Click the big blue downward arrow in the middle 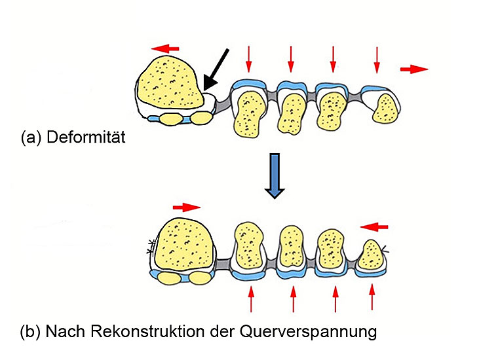[275, 175]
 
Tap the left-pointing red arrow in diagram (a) [164, 48]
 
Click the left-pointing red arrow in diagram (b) [374, 226]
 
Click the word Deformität [87, 138]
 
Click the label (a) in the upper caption [31, 138]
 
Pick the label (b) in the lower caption [31, 331]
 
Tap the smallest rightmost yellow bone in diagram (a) [384, 107]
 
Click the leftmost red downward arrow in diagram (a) [248, 60]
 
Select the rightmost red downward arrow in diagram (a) [377, 60]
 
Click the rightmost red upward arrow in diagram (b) [372, 297]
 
